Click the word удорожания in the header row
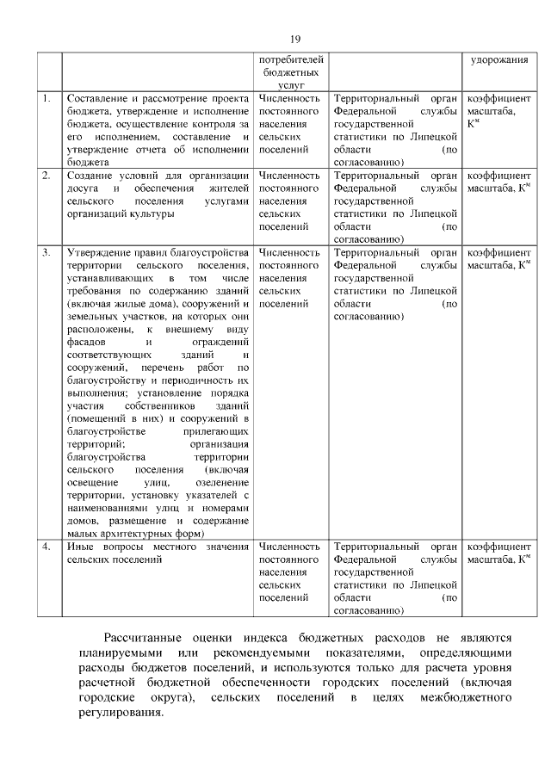click(498, 60)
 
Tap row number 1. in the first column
click(46, 99)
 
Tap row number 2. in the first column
click(46, 176)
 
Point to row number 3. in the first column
click(46, 253)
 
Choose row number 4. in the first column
click(46, 547)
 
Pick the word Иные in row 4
click(79, 547)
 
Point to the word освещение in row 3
click(90, 483)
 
